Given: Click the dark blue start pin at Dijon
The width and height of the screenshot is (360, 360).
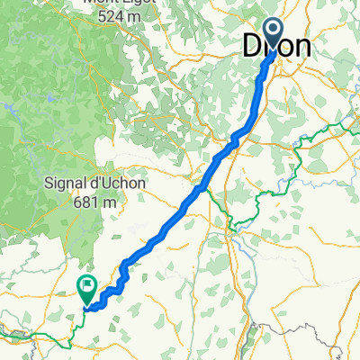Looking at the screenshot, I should pos(274,33).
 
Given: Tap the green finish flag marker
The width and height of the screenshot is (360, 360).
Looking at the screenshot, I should pos(87,289).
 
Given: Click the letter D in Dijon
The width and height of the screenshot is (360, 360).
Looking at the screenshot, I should pos(255,47).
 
